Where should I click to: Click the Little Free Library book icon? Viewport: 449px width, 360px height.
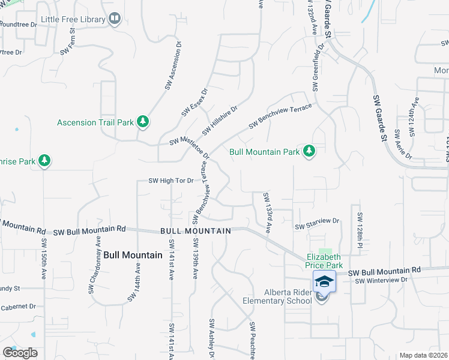pyautogui.click(x=115, y=20)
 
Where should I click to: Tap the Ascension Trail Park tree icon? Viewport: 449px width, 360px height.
pyautogui.click(x=143, y=122)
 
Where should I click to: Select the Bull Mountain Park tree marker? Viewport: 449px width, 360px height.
pyautogui.click(x=309, y=151)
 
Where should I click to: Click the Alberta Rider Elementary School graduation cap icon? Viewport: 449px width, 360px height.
pyautogui.click(x=324, y=281)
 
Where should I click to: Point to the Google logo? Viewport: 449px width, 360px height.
pyautogui.click(x=20, y=353)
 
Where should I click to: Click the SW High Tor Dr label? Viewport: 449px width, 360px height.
pyautogui.click(x=172, y=181)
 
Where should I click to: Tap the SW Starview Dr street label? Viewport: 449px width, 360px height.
pyautogui.click(x=318, y=227)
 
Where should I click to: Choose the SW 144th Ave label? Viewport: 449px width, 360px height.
pyautogui.click(x=133, y=282)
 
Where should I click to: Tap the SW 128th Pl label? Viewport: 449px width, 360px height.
pyautogui.click(x=360, y=231)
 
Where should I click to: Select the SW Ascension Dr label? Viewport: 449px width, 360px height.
pyautogui.click(x=172, y=66)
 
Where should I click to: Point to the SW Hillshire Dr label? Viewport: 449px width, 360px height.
pyautogui.click(x=220, y=121)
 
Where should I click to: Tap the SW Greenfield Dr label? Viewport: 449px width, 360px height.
pyautogui.click(x=317, y=72)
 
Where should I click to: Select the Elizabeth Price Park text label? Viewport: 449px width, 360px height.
pyautogui.click(x=325, y=260)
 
